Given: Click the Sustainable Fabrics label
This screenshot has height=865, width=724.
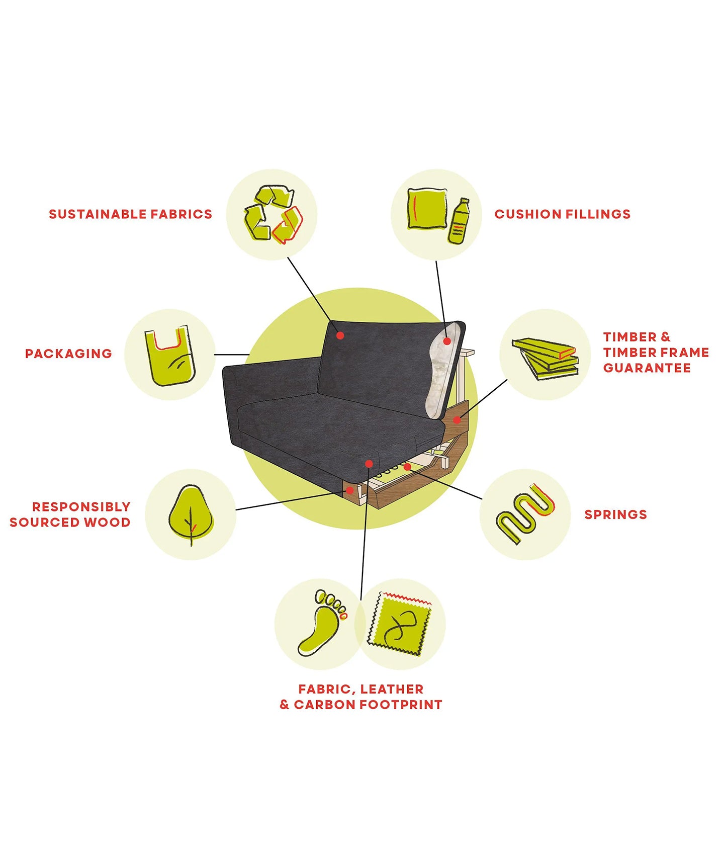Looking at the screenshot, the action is pyautogui.click(x=130, y=214).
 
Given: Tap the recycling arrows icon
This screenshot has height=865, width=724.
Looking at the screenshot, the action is pyautogui.click(x=273, y=215).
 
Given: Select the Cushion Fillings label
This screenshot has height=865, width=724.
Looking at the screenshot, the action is pyautogui.click(x=562, y=214).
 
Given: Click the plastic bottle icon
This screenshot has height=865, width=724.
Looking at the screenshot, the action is pyautogui.click(x=458, y=221).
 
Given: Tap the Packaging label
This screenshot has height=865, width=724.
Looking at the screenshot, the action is pyautogui.click(x=68, y=354).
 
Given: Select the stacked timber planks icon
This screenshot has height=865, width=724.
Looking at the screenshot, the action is pyautogui.click(x=545, y=358).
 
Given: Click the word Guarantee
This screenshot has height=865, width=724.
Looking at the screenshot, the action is pyautogui.click(x=647, y=368).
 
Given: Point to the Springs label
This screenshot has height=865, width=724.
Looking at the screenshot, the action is pyautogui.click(x=615, y=514).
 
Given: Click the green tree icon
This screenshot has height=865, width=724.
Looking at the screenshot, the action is pyautogui.click(x=191, y=514).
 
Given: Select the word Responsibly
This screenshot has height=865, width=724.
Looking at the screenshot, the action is pyautogui.click(x=81, y=506).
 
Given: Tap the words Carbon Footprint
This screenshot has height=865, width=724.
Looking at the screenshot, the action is pyautogui.click(x=368, y=705).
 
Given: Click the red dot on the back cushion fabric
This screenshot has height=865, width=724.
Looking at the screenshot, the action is pyautogui.click(x=340, y=335).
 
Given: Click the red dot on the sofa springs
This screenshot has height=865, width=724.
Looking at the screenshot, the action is pyautogui.click(x=408, y=467).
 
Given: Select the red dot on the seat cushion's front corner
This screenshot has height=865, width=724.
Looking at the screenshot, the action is pyautogui.click(x=369, y=464).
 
